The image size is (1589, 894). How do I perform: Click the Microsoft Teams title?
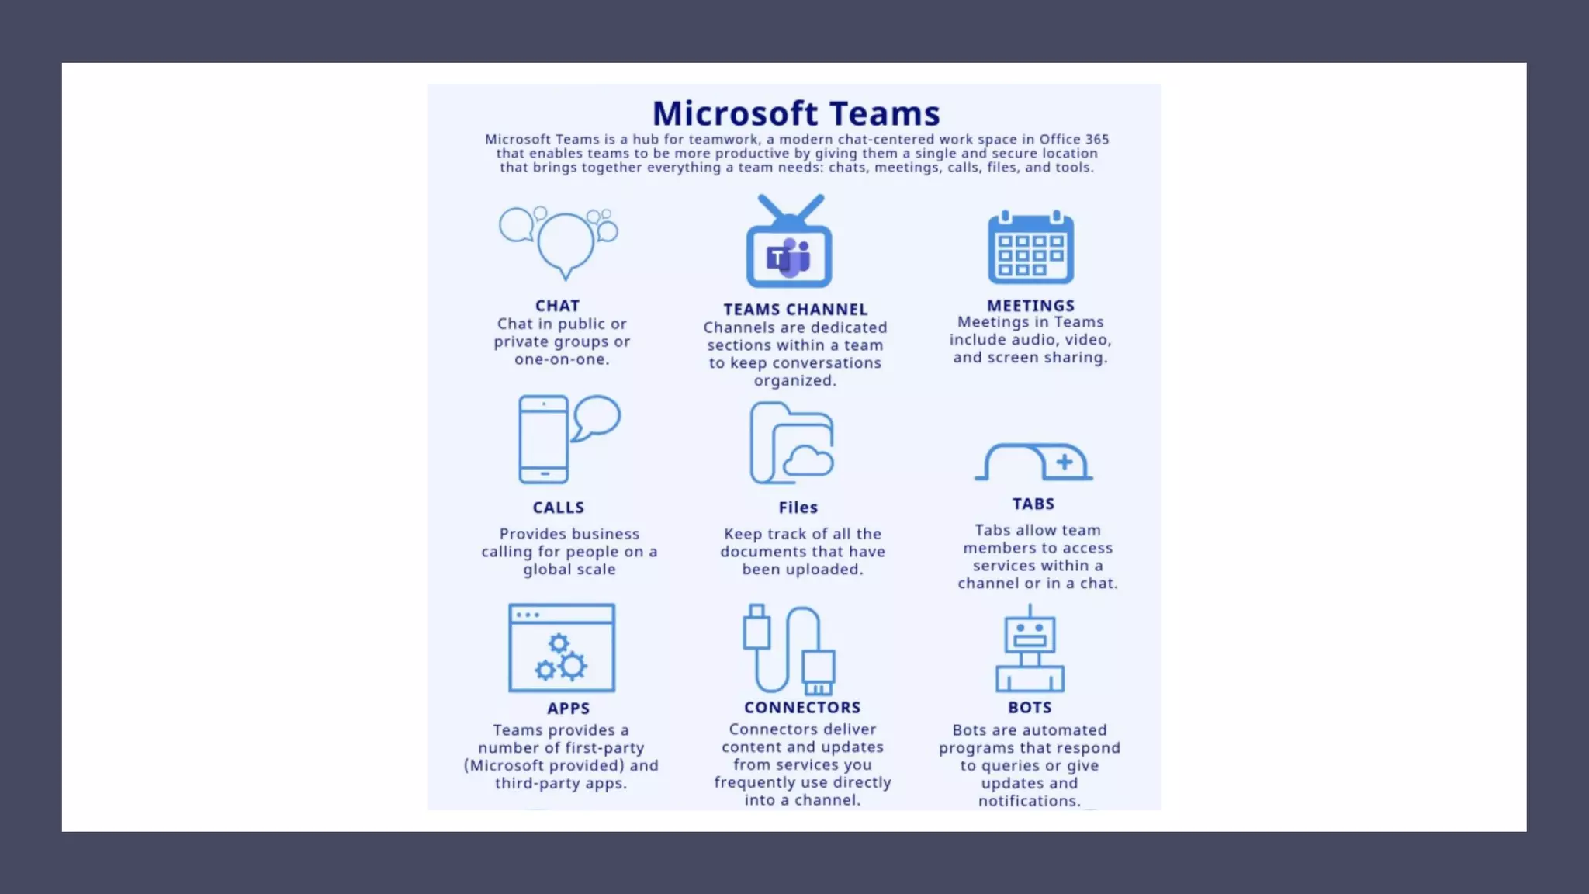(796, 114)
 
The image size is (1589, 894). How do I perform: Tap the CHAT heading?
(557, 306)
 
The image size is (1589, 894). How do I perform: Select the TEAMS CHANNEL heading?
(795, 309)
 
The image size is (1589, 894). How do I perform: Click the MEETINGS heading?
(1030, 306)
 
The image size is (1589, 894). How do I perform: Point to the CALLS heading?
(558, 508)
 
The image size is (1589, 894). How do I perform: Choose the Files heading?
(798, 508)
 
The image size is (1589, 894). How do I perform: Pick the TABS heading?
(1033, 504)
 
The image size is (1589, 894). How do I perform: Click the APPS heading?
(568, 709)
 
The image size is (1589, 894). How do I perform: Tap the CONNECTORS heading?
(802, 708)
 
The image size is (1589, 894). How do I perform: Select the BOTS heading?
(1030, 708)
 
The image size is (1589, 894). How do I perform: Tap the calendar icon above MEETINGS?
(1030, 248)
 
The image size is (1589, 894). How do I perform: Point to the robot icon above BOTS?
(1030, 650)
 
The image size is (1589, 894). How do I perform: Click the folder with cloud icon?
(791, 444)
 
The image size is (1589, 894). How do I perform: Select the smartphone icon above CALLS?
(543, 439)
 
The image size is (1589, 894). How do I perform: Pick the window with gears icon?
(562, 648)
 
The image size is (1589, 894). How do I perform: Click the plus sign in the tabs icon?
(1065, 463)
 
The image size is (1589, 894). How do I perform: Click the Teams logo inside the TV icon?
(788, 258)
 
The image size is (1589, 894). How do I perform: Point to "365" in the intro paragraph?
(1096, 140)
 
